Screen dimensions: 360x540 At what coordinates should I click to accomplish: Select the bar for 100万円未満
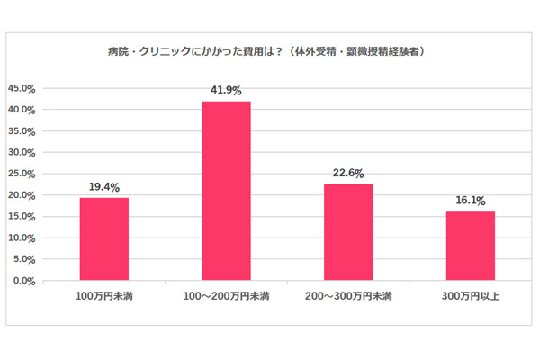pyautogui.click(x=104, y=238)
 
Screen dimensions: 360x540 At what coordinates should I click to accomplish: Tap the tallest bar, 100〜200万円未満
pyautogui.click(x=226, y=191)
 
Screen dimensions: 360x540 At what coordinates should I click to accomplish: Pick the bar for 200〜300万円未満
pyautogui.click(x=348, y=232)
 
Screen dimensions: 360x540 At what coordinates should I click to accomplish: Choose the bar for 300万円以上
pyautogui.click(x=470, y=246)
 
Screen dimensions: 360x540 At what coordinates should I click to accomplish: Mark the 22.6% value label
pyautogui.click(x=348, y=175)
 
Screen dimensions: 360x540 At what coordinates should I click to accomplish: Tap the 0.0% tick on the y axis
pyautogui.click(x=23, y=281)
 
